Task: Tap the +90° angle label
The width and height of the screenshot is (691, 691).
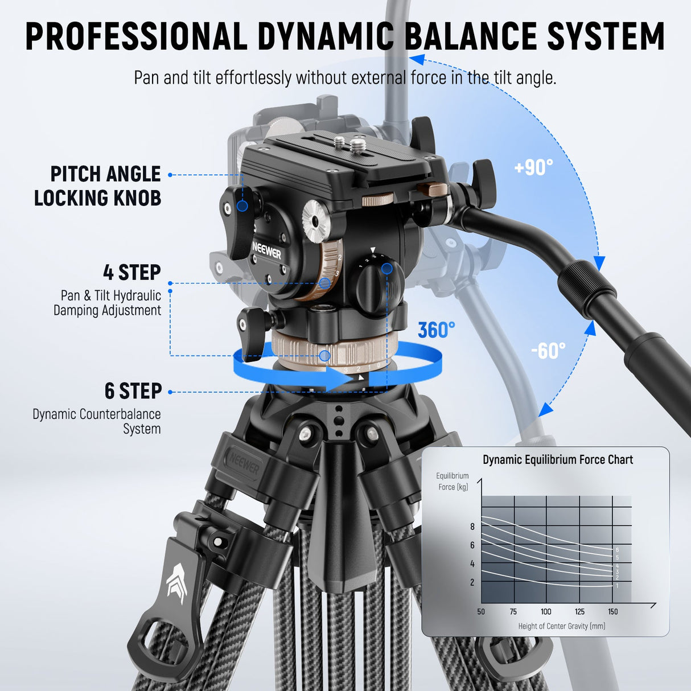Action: pyautogui.click(x=533, y=167)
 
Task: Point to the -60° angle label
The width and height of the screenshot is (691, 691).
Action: pyautogui.click(x=548, y=351)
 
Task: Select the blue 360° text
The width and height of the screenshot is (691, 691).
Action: pyautogui.click(x=437, y=330)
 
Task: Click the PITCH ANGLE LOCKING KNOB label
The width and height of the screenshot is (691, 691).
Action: pyautogui.click(x=98, y=186)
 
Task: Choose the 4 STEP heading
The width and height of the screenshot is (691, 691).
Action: pyautogui.click(x=132, y=273)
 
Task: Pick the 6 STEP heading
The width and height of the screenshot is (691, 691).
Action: pyautogui.click(x=133, y=391)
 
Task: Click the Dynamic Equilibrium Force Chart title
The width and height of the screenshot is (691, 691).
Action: pyautogui.click(x=558, y=460)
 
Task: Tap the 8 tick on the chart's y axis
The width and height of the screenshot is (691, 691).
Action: pyautogui.click(x=472, y=527)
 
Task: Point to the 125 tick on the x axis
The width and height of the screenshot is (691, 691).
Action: pyautogui.click(x=579, y=612)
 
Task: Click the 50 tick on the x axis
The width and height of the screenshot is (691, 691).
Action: pyautogui.click(x=481, y=612)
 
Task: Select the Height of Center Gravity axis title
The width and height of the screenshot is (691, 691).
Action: pyautogui.click(x=561, y=626)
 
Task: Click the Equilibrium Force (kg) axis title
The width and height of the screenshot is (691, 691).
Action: pyautogui.click(x=453, y=482)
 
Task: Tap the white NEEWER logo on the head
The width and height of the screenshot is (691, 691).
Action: pyautogui.click(x=266, y=251)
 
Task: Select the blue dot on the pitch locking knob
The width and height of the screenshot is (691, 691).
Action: pyautogui.click(x=242, y=205)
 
